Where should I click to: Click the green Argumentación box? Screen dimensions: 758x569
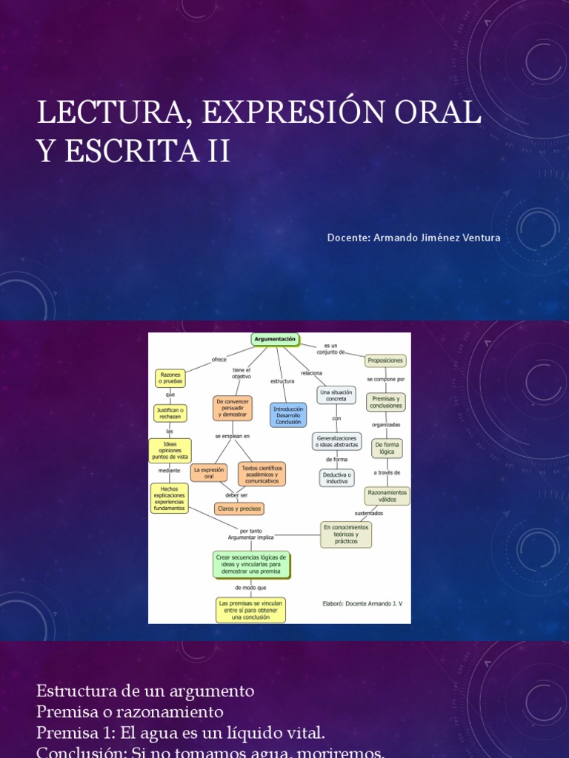point(275,339)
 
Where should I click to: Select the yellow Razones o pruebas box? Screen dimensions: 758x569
point(170,378)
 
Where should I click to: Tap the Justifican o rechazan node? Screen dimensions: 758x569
point(170,413)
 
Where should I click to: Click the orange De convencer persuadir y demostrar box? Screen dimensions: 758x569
point(233,408)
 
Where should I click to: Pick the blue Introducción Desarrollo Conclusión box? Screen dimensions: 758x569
point(288,415)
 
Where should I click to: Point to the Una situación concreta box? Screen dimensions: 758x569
point(336,395)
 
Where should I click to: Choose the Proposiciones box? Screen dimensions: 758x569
point(385,360)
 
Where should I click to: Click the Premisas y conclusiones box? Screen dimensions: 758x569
point(386,402)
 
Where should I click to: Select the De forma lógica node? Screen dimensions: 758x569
point(387,448)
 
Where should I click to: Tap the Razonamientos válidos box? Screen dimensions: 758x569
point(387,495)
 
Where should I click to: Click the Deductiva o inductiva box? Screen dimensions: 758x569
point(336,477)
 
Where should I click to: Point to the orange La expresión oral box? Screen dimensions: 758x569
point(209,472)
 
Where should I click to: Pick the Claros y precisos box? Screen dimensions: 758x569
point(239,509)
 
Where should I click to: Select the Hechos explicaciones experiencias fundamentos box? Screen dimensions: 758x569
point(170,498)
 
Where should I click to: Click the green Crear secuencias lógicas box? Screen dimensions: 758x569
point(251,564)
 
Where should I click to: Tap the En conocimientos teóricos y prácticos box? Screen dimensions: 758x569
point(346,534)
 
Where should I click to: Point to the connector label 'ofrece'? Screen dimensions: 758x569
point(219,359)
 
